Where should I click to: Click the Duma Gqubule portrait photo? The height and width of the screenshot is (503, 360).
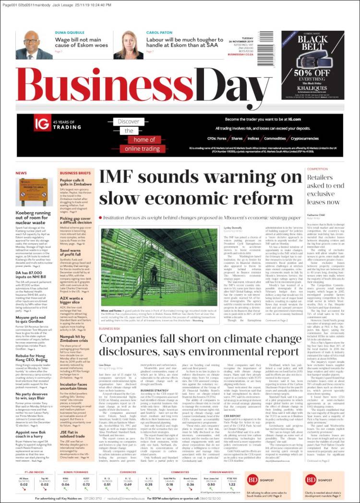pyautogui.click(x=34, y=45)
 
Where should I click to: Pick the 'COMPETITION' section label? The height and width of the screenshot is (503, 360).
pyautogui.click(x=317, y=169)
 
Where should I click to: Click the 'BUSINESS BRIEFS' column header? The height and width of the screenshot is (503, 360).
pyautogui.click(x=75, y=173)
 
